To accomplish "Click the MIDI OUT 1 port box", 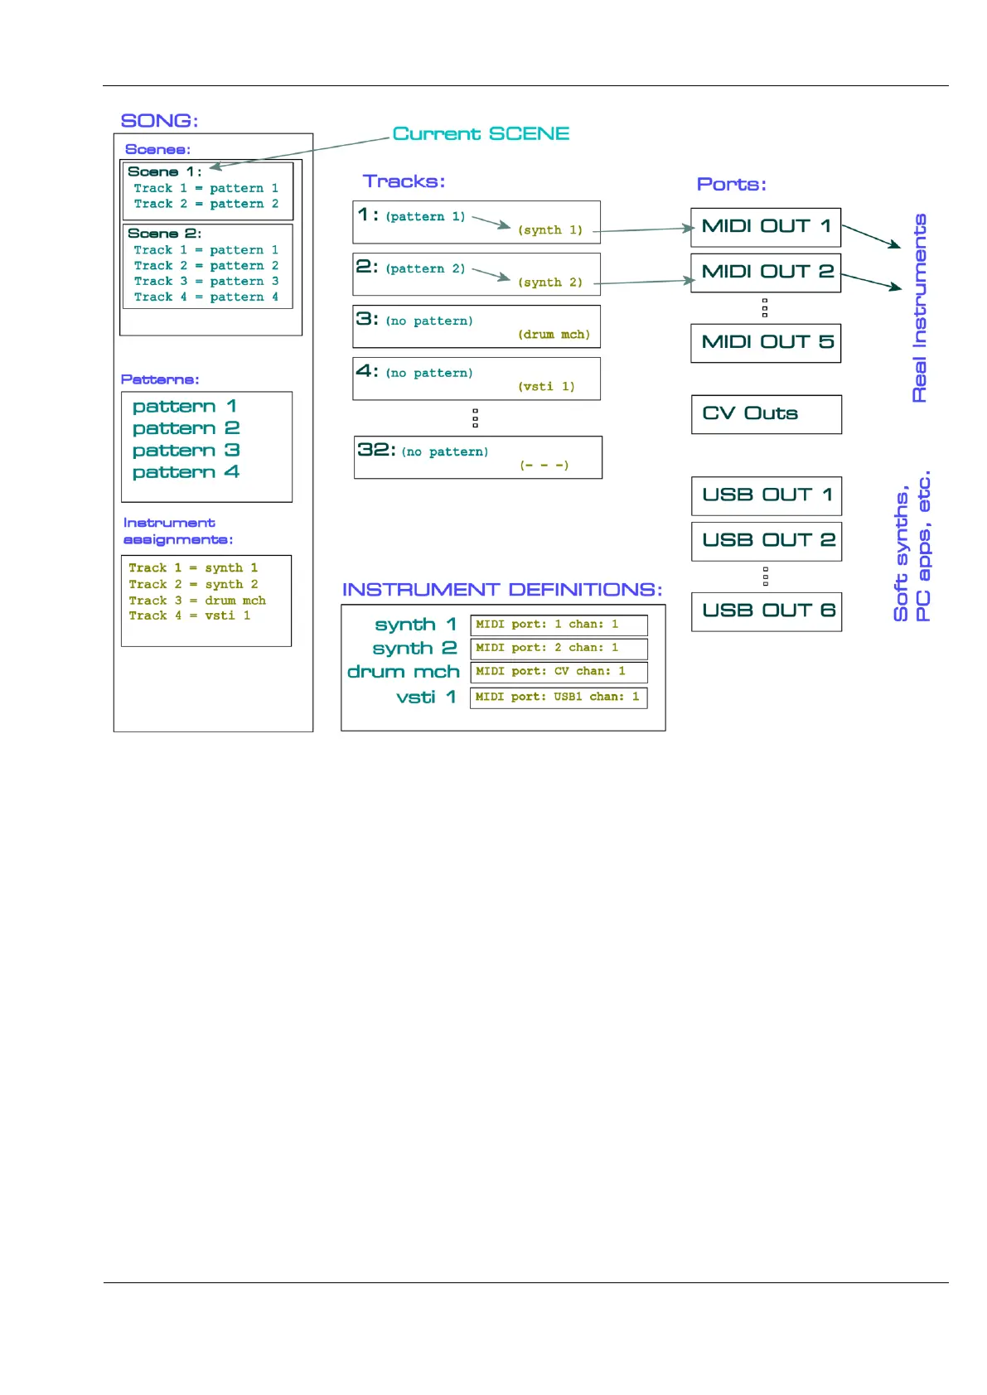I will pyautogui.click(x=766, y=227).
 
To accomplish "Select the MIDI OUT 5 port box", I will pyautogui.click(x=766, y=343).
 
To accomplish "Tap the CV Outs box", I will pyautogui.click(x=766, y=414).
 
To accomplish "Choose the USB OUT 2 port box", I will pyautogui.click(x=767, y=541).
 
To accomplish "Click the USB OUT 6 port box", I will pyautogui.click(x=767, y=611).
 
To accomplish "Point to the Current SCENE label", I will pyautogui.click(x=481, y=134).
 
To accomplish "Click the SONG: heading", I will pyautogui.click(x=159, y=121).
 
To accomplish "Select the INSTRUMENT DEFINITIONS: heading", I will pyautogui.click(x=502, y=590).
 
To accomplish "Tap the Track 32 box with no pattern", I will pyautogui.click(x=477, y=457).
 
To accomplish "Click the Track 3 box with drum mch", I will pyautogui.click(x=476, y=326).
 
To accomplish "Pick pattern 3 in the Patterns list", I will pyautogui.click(x=186, y=451).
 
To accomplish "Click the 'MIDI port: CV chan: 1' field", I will pyautogui.click(x=559, y=672).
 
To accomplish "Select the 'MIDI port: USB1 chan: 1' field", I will pyautogui.click(x=559, y=697).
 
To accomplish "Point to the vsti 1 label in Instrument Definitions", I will pyautogui.click(x=426, y=697).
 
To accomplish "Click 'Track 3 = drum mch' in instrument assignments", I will pyautogui.click(x=197, y=601).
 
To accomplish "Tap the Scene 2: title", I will pyautogui.click(x=164, y=234).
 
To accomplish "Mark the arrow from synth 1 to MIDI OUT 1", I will pyautogui.click(x=642, y=229).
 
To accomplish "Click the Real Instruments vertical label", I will pyautogui.click(x=919, y=308).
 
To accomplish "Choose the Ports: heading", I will pyautogui.click(x=731, y=185).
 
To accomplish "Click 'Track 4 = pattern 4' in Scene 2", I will pyautogui.click(x=206, y=297).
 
